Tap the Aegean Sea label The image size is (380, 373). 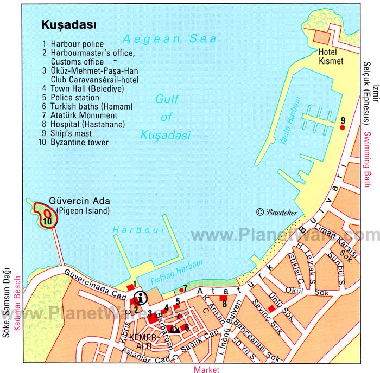coord(169,39)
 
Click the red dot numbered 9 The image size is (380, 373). coord(342,127)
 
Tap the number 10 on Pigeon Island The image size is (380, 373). coord(47,221)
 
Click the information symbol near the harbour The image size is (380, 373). coord(141,297)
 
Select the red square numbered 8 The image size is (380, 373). coord(223,298)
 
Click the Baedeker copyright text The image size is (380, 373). coord(277,212)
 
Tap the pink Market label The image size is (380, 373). coord(206,369)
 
